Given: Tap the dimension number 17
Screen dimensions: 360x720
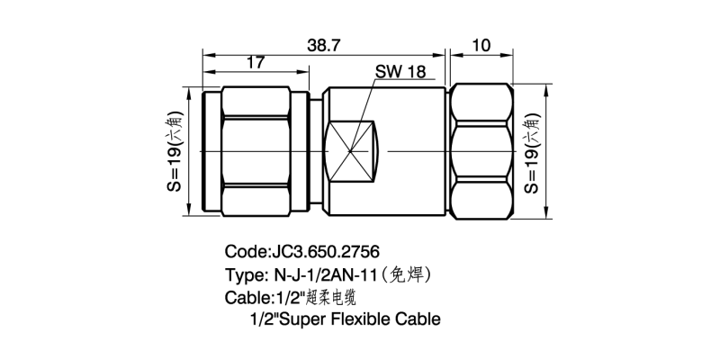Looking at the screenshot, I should [256, 64].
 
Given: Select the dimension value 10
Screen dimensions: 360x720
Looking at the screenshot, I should [481, 46].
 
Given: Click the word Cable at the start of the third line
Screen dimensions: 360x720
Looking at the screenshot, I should [241, 296].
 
